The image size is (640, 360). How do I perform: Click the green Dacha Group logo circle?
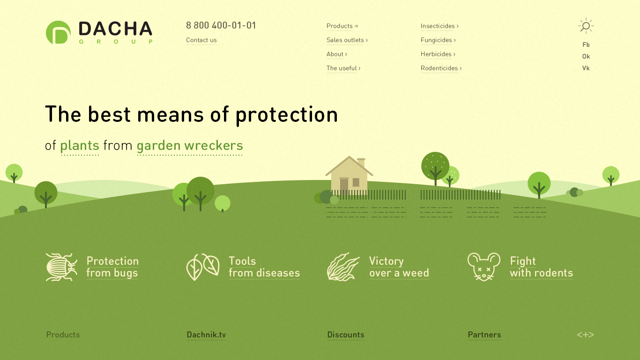[x=58, y=32]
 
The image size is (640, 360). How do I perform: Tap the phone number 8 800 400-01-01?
[x=221, y=25]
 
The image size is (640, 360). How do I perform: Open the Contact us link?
[x=201, y=40]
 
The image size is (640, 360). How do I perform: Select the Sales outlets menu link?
[x=347, y=40]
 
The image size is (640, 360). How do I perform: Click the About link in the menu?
[x=336, y=54]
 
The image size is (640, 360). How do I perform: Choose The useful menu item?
[x=343, y=68]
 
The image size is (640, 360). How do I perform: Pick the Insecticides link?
[x=439, y=26]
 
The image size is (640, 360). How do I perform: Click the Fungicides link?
[x=438, y=40]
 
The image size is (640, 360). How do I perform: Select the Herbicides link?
[x=438, y=54]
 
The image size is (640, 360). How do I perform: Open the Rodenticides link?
[x=441, y=68]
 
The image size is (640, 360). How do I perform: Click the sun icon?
[x=586, y=26]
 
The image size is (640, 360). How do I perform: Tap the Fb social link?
[x=586, y=45]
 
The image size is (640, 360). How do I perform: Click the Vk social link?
[x=586, y=68]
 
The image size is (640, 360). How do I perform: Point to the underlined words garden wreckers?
[x=190, y=145]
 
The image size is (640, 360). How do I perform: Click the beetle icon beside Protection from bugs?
[x=61, y=267]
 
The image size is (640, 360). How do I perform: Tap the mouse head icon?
[x=484, y=267]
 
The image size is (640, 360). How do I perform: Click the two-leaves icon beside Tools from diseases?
[x=203, y=267]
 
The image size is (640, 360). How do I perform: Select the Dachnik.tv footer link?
[x=206, y=335]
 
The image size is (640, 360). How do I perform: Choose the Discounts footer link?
[x=345, y=335]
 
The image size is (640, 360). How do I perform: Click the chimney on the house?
[x=361, y=162]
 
